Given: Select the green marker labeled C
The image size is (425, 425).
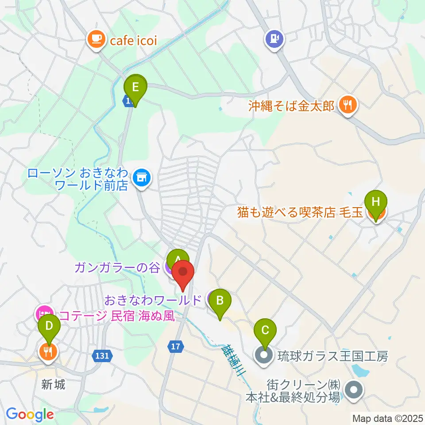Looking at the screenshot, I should click(265, 330).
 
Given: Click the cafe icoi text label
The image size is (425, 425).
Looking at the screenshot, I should click(134, 42).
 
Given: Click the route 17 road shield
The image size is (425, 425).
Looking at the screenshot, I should click(176, 347).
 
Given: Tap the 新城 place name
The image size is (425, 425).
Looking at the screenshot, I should click(54, 384).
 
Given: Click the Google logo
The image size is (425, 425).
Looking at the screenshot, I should click(30, 414).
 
